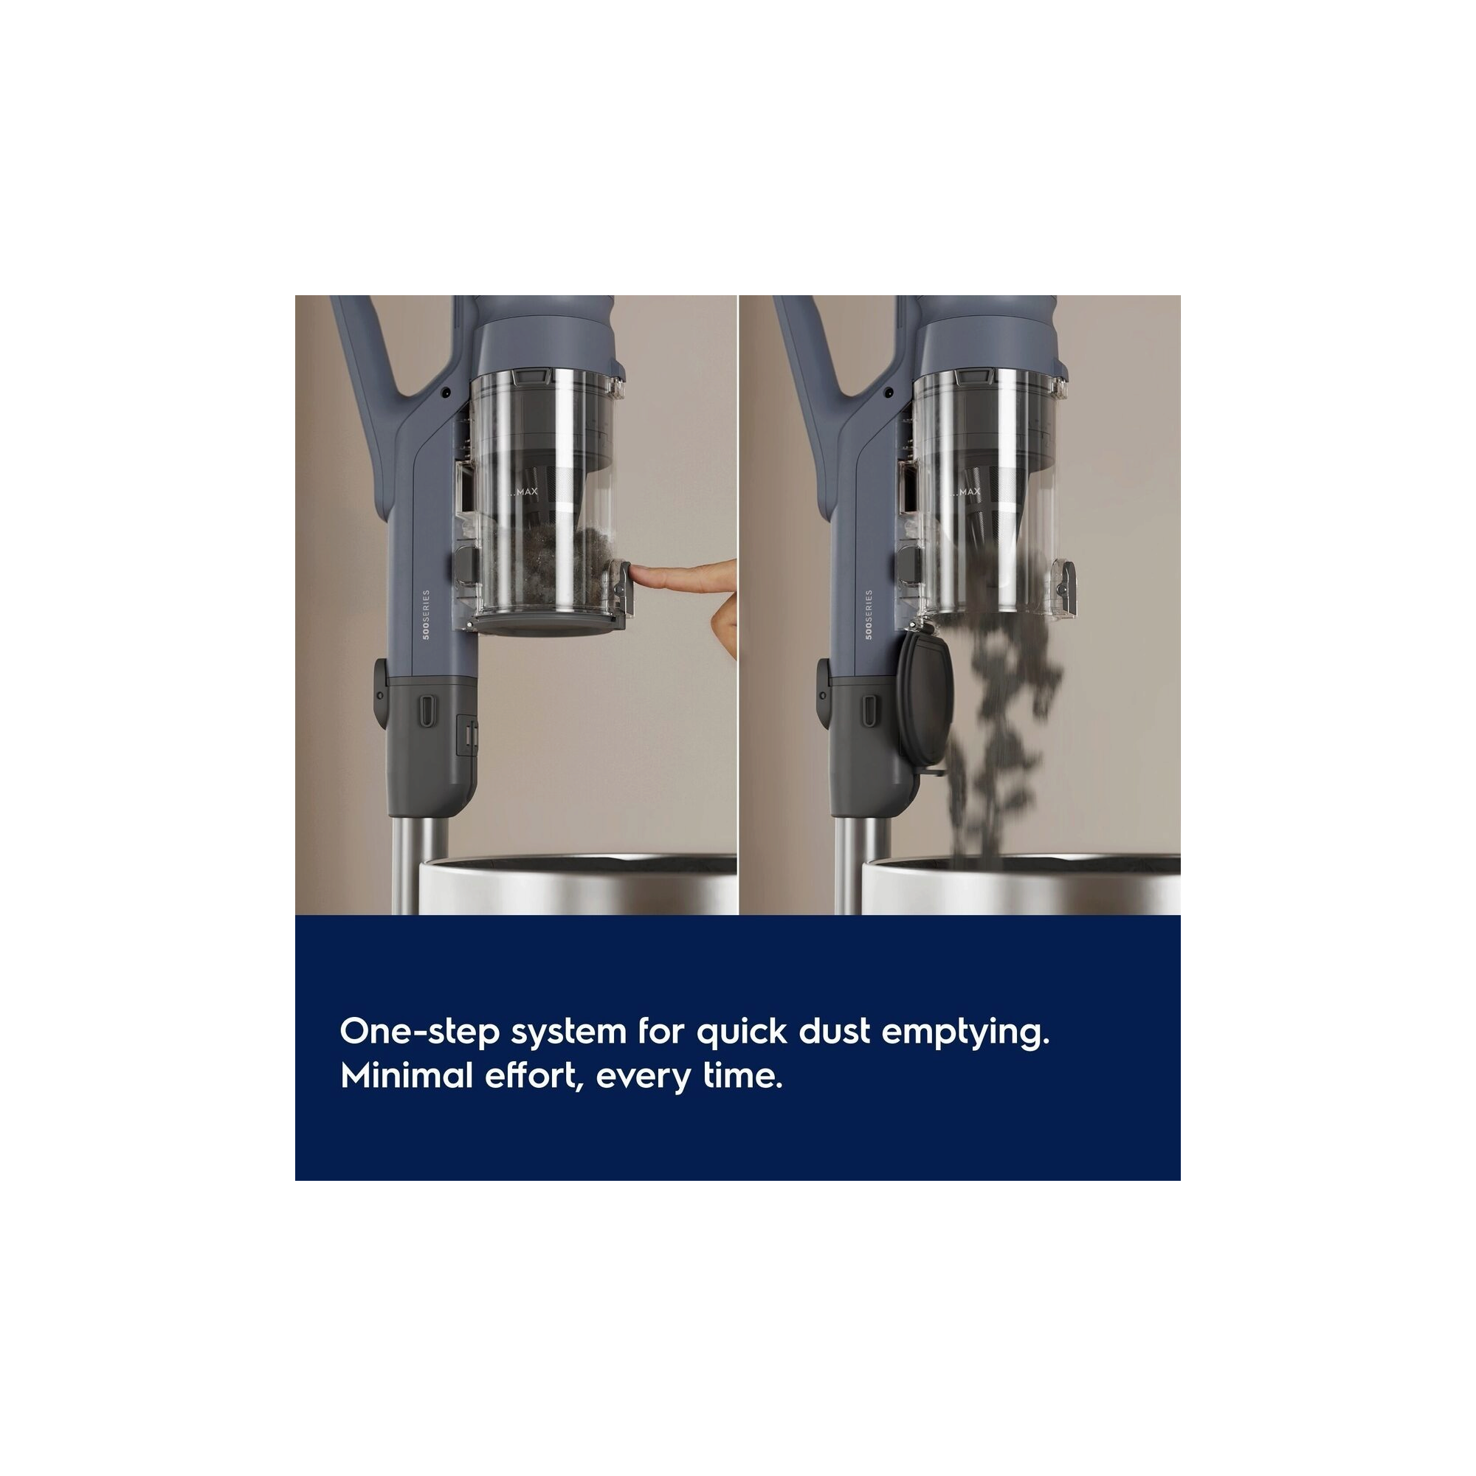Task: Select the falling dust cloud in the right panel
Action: click(x=1001, y=703)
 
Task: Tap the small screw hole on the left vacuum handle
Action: click(x=446, y=392)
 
